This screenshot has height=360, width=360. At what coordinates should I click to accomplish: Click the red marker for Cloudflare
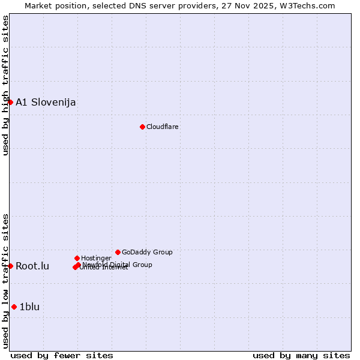142,127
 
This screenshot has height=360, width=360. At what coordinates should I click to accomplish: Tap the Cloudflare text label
163,127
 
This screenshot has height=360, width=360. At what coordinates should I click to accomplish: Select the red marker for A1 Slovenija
10,102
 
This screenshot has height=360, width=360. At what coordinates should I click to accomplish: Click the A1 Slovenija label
46,102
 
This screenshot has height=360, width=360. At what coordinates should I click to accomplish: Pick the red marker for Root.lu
10,266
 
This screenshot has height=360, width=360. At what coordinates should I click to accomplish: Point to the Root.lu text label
32,266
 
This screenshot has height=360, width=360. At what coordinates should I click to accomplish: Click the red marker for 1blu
14,307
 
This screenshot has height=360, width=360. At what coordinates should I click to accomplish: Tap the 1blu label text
29,307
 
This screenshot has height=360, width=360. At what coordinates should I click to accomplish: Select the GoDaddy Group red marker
118,252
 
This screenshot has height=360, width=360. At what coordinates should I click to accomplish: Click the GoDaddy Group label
147,252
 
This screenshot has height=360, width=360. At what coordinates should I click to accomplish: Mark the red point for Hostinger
77,258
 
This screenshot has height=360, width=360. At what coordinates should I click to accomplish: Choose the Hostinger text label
96,258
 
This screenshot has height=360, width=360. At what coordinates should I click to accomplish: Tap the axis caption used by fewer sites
62,355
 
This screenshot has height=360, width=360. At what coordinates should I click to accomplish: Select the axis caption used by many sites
301,355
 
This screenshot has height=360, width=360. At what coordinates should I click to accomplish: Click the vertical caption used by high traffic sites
5,85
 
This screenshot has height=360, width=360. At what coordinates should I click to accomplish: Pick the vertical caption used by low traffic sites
5,281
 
